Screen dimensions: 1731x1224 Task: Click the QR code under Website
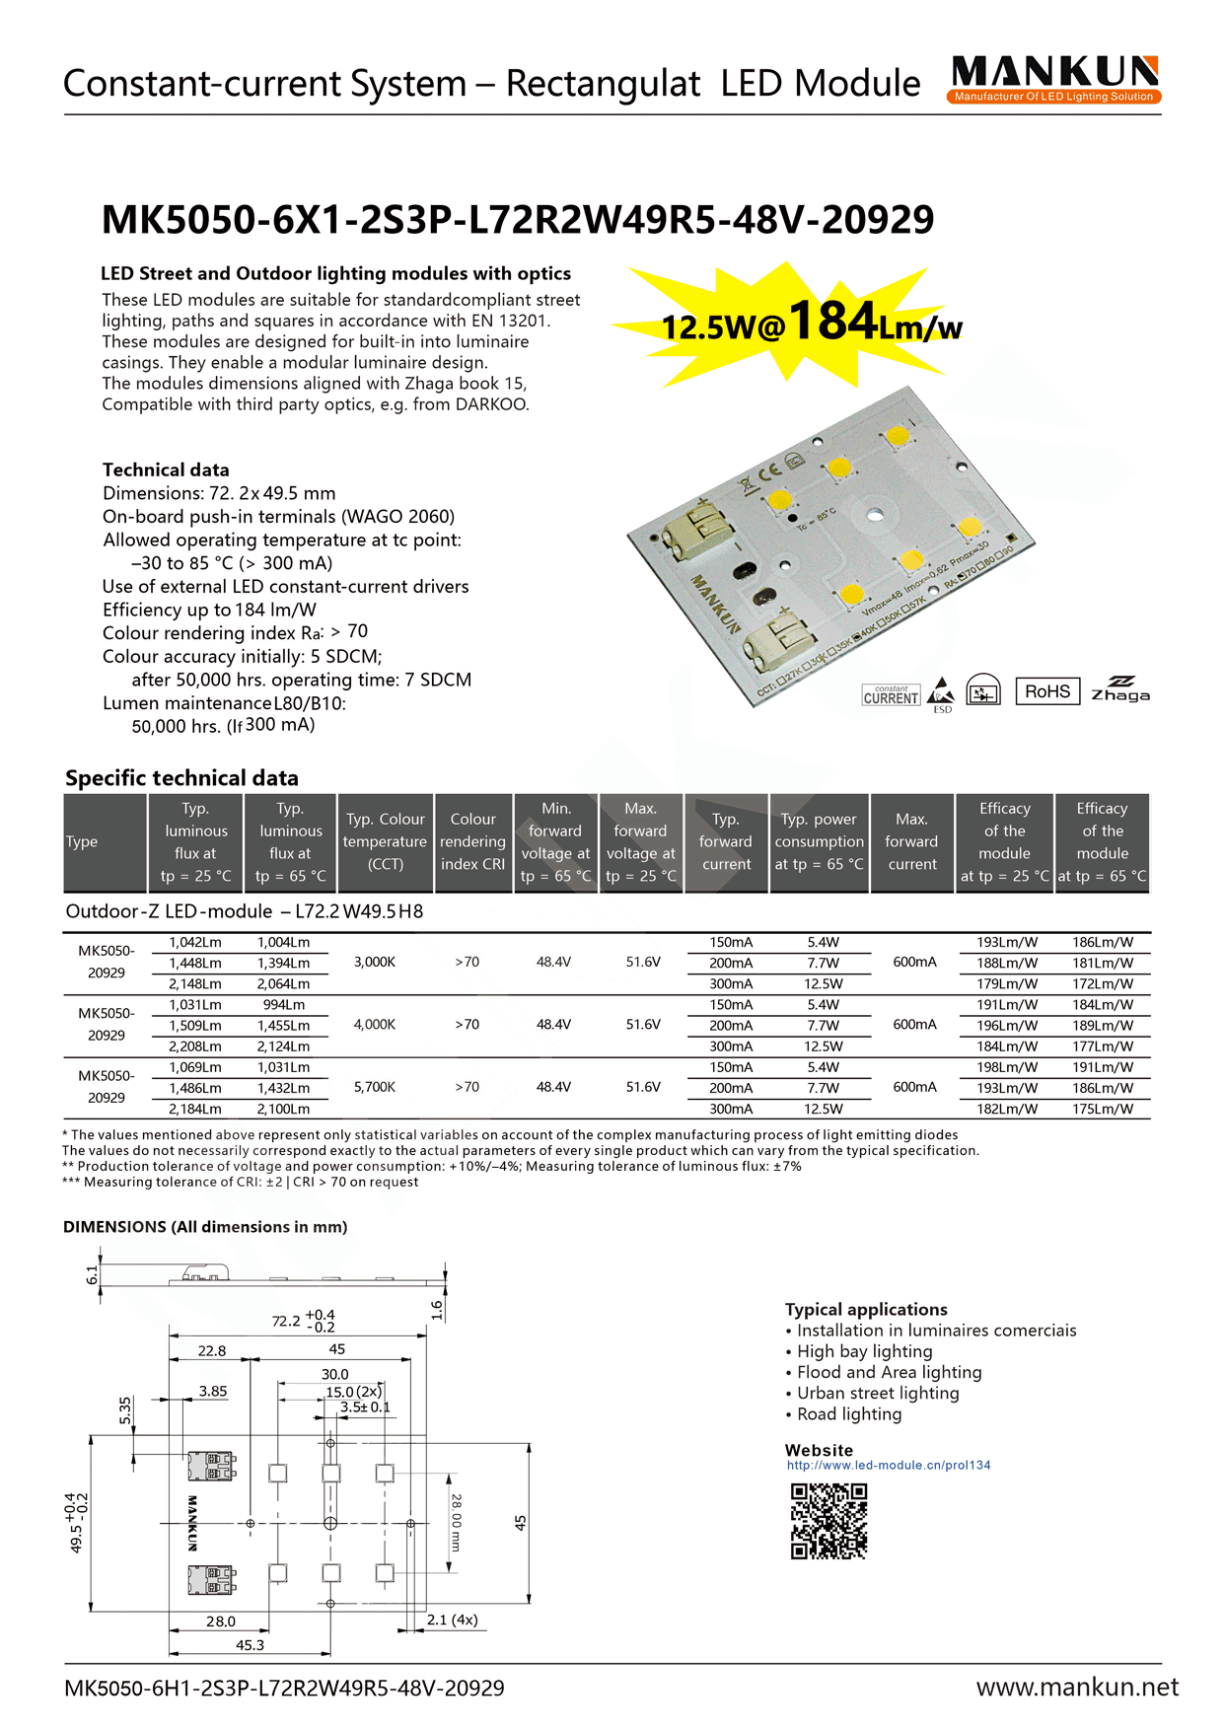[x=828, y=1521]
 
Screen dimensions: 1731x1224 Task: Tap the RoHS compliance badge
[x=1046, y=691]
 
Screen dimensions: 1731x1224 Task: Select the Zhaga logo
[x=1120, y=689]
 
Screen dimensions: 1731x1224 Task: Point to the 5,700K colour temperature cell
[x=375, y=1087]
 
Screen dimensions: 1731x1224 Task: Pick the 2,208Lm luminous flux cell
[x=195, y=1046]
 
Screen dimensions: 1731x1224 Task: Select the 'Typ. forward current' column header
[x=726, y=842]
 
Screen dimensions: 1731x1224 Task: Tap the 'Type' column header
[x=82, y=842]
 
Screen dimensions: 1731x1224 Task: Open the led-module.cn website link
[x=889, y=1466]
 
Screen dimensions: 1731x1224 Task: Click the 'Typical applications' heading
[x=866, y=1310]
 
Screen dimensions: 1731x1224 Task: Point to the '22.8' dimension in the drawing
[x=212, y=1351]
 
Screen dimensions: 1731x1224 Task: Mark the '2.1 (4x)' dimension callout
[x=452, y=1620]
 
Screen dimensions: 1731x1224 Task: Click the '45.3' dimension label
[x=250, y=1645]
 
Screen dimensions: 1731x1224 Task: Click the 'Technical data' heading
[x=166, y=470]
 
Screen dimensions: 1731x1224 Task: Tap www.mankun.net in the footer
[x=1077, y=1688]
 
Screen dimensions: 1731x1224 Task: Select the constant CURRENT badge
[x=891, y=695]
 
